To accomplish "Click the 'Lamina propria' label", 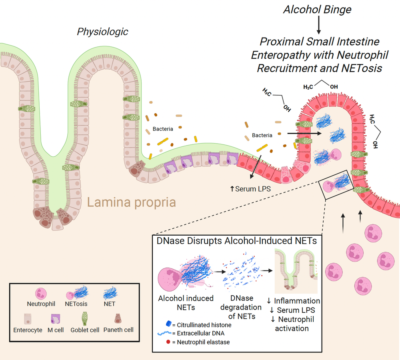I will point(131,203).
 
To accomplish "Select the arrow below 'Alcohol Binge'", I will point(319,26).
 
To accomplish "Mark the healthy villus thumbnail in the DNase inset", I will point(296,272).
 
